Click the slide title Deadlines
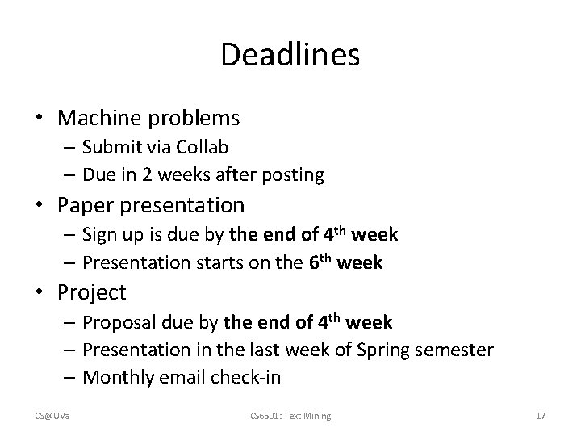tap(290, 55)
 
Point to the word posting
tap(295, 174)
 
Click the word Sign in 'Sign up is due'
tap(101, 235)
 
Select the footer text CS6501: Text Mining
tap(290, 416)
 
